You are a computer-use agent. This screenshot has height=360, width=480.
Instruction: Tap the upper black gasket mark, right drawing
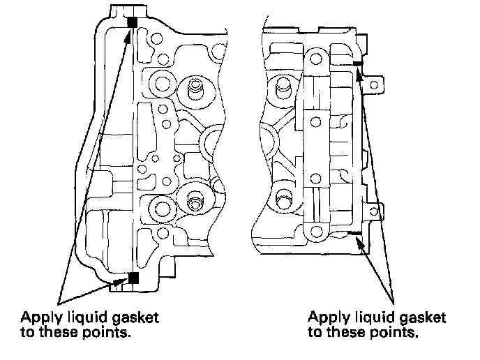tap(357, 63)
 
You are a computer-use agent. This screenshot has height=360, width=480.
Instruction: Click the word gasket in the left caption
tap(137, 318)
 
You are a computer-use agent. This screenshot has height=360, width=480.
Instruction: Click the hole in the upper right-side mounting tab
tap(377, 84)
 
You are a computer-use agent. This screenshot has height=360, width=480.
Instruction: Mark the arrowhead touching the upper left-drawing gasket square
tap(128, 35)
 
